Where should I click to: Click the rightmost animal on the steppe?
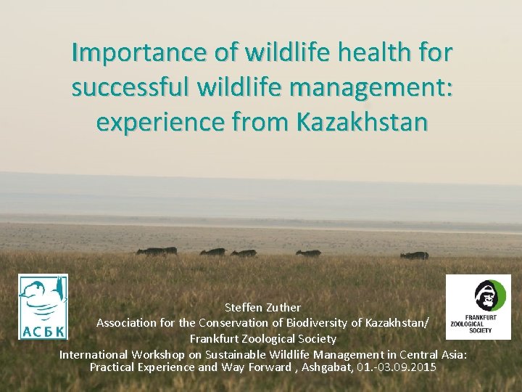pos(415,255)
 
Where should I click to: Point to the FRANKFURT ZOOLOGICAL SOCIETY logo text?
pos(470,324)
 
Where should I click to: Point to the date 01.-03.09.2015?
pos(397,367)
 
